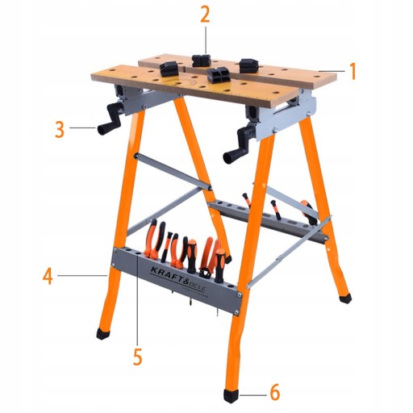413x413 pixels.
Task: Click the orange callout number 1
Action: pos(353,71)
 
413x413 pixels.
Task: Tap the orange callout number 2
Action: pos(205,15)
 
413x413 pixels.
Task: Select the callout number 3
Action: pos(60,129)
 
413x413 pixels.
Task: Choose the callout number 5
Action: pos(137,357)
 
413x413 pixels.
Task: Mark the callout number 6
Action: pos(274,392)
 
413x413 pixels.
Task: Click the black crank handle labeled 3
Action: pos(111,119)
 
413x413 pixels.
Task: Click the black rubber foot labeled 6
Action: pos(231,395)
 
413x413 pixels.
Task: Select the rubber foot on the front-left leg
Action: pos(104,333)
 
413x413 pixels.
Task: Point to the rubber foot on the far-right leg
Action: pos(345,298)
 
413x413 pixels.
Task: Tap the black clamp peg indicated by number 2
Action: pos(201,60)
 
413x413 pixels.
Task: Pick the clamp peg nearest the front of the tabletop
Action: pos(218,74)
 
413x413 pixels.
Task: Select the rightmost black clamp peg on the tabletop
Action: pos(249,65)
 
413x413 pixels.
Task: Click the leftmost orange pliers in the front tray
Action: pos(153,239)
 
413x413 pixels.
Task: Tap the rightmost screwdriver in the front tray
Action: pos(219,265)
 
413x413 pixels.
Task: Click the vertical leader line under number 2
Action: pos(206,40)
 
